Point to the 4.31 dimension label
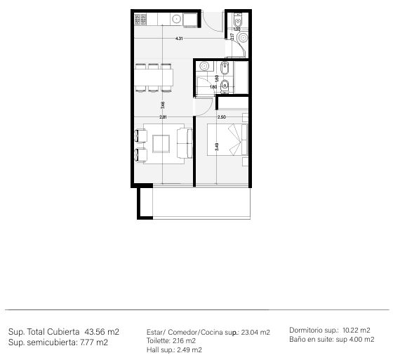pos(179,39)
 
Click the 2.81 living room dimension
pos(162,117)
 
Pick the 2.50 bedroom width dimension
pos(221,117)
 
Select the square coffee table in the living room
pos(161,142)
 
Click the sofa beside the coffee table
pos(186,142)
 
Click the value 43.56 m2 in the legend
pos(102,331)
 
